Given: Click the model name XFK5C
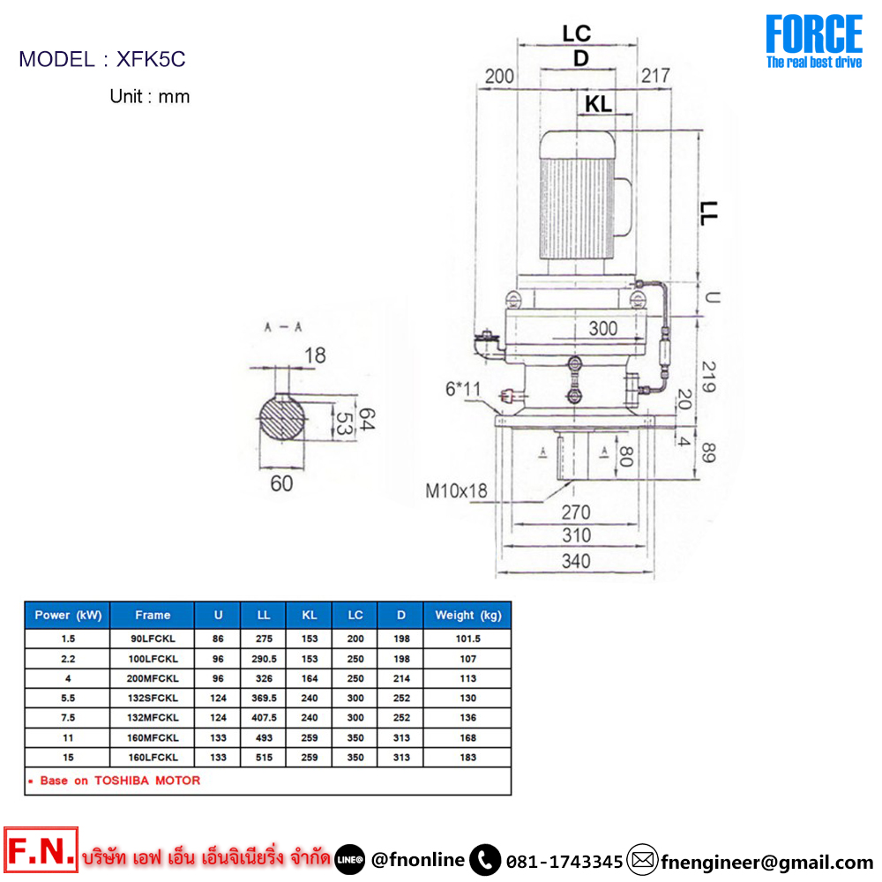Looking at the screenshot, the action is click(151, 59).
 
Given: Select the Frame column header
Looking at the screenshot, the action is click(153, 615).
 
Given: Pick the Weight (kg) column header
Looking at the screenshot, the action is click(468, 616).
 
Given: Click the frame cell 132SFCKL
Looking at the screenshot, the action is click(153, 698).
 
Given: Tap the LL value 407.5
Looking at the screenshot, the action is click(264, 718).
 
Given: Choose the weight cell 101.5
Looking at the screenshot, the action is click(468, 639).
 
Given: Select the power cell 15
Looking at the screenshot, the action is click(68, 757).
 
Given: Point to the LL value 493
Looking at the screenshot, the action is click(264, 737).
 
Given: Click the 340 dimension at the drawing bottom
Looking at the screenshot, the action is click(576, 561).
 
